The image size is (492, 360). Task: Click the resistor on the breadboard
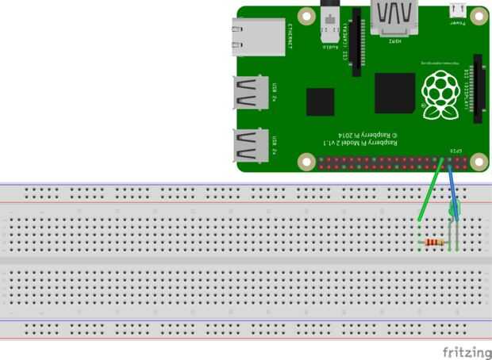[x=434, y=243]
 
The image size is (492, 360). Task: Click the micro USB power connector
[x=457, y=10]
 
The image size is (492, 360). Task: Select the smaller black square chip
[x=320, y=102]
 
